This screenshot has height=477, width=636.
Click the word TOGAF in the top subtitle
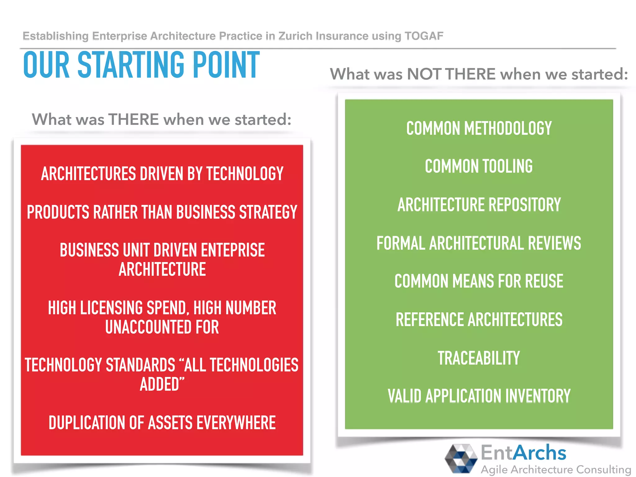coord(424,36)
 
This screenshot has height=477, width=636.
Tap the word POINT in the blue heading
coord(226,65)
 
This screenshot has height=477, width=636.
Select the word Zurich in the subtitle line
coord(295,36)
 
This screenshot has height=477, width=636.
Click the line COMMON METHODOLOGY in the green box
coord(479,128)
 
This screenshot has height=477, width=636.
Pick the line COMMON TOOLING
coord(479,166)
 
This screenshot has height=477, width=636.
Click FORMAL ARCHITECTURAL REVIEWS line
coord(479,243)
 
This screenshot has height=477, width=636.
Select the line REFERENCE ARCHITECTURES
coord(479,320)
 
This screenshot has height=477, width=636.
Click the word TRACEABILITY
coord(479,358)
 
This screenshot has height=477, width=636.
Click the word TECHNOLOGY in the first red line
coord(245,174)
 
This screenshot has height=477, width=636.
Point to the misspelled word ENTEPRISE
coord(233,250)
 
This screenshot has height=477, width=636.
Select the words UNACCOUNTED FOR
coord(162,327)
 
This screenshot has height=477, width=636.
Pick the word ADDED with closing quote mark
coord(162,384)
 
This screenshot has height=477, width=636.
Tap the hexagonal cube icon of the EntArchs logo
coord(461,458)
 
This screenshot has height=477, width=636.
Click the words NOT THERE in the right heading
coord(451,74)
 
